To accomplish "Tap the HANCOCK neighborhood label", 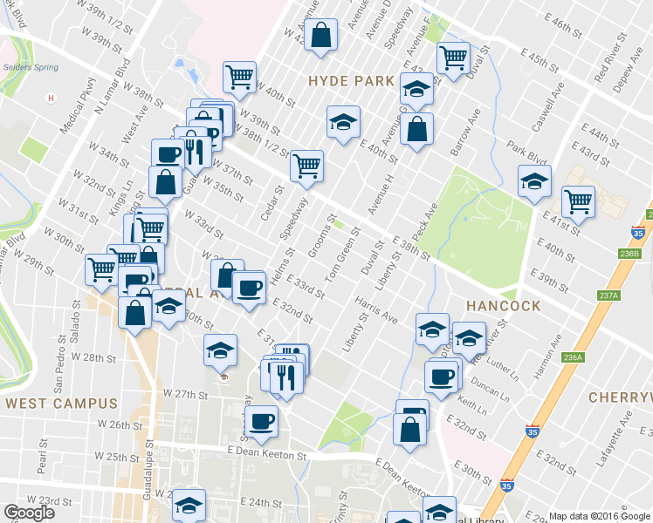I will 503,306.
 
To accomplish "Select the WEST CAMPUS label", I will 60,404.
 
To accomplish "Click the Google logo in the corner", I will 30,513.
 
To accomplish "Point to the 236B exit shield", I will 629,254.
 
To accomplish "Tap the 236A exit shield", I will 574,357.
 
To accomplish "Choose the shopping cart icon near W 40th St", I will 239,76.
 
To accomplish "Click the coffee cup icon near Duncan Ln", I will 442,377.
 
